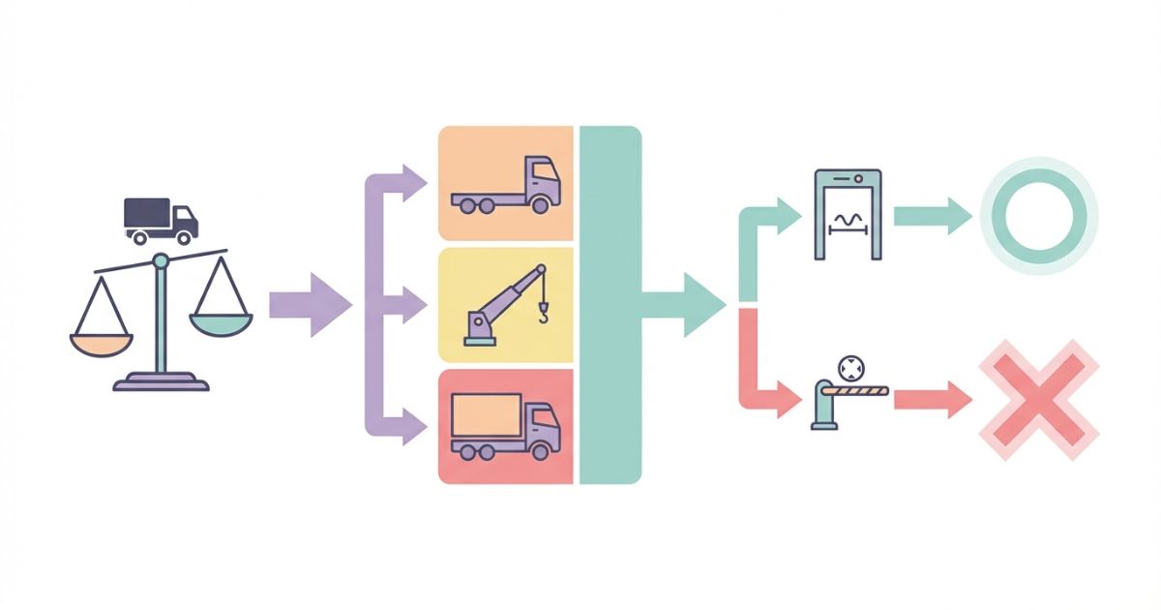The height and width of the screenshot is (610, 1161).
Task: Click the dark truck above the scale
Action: [161, 220]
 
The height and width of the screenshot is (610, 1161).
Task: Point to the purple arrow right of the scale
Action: [310, 306]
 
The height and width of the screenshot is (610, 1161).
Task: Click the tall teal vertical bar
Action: [610, 304]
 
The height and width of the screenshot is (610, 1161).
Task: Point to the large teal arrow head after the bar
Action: [702, 305]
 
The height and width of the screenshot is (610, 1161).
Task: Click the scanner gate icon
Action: [848, 214]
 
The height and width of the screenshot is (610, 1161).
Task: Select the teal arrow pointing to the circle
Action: [933, 215]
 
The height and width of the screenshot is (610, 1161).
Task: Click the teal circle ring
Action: [1039, 214]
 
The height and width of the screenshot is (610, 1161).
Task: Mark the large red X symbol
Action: [1039, 398]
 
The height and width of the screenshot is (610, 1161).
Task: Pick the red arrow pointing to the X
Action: [933, 398]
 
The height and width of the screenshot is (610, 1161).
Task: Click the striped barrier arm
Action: [862, 390]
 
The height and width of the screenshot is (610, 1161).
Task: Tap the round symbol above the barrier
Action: [849, 368]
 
